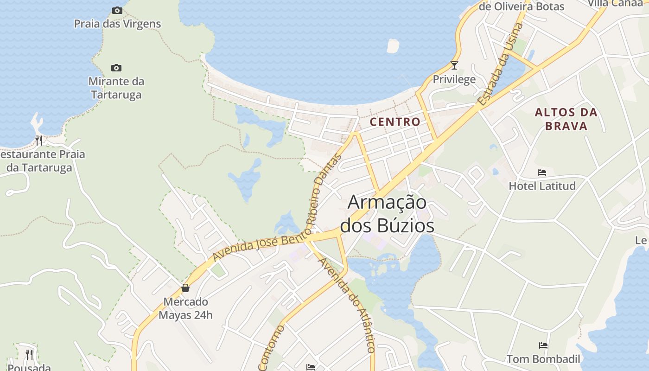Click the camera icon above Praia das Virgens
click(117, 10)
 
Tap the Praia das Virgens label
click(117, 24)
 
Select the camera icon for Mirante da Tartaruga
click(116, 68)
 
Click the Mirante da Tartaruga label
click(116, 88)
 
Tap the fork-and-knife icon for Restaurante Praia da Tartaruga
click(39, 140)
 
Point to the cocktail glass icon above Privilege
click(454, 65)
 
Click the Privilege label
click(454, 79)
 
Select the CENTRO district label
click(395, 122)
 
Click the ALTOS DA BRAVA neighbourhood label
click(566, 119)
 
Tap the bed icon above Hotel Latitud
click(542, 173)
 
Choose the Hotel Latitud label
click(542, 186)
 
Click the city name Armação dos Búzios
click(388, 214)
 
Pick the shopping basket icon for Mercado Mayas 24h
click(185, 288)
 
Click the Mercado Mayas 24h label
click(185, 308)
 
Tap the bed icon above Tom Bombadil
click(543, 345)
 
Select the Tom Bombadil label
click(543, 359)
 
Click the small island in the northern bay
click(393, 46)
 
